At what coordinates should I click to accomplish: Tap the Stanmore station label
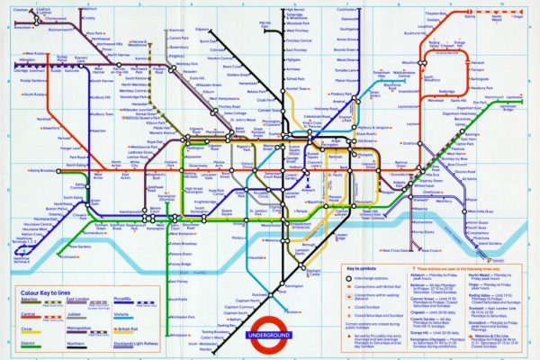click(175, 30)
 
